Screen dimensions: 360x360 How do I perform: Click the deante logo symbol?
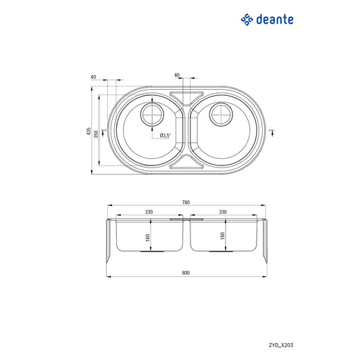click(247, 20)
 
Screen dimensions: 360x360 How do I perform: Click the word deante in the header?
click(276, 20)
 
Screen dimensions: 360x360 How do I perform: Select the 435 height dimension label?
click(88, 131)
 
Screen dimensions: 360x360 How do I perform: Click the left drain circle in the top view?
click(152, 115)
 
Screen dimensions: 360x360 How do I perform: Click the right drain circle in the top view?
click(221, 115)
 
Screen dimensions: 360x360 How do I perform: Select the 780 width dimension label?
click(186, 203)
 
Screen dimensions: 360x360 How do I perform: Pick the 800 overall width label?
click(186, 273)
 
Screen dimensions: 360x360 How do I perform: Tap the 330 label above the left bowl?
click(148, 212)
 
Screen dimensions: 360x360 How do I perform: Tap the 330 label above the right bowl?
click(222, 212)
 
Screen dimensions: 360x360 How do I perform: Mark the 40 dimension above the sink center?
click(176, 74)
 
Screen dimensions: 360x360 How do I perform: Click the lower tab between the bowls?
click(186, 163)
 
